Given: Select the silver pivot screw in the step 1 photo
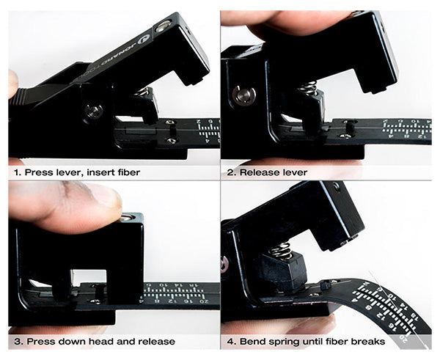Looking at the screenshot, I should [x=93, y=111].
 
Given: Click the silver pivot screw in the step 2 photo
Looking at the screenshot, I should [x=242, y=95].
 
